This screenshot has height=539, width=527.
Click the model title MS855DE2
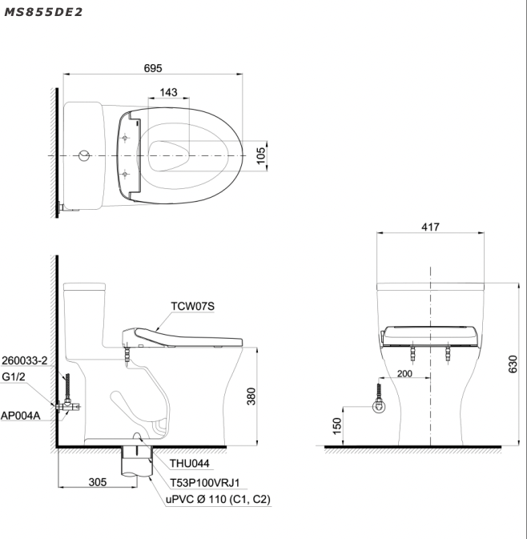(43, 12)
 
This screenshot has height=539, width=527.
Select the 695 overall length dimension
(153, 68)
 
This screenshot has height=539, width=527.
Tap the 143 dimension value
(168, 92)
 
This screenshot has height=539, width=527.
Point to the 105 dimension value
(261, 155)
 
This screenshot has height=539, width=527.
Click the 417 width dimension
(430, 227)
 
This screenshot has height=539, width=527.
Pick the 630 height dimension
(513, 364)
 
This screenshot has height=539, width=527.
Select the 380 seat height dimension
(251, 396)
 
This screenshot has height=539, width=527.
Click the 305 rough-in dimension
(98, 482)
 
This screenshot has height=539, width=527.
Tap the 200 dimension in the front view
(404, 374)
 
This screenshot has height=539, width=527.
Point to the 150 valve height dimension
(337, 426)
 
